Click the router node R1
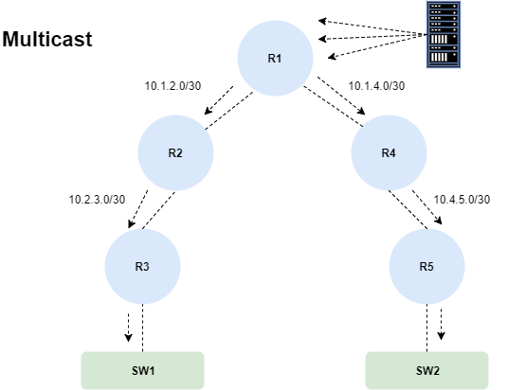click(x=275, y=59)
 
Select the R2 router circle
click(x=175, y=152)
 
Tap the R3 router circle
click(x=142, y=267)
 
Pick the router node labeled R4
click(x=389, y=152)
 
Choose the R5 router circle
click(x=426, y=267)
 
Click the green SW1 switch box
click(x=142, y=370)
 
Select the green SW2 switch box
click(x=427, y=370)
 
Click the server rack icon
click(x=444, y=35)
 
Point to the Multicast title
click(x=47, y=39)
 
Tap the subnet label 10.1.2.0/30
click(x=172, y=86)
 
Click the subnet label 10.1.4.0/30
click(x=376, y=86)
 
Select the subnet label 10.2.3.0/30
click(x=97, y=200)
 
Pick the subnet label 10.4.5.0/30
click(x=462, y=200)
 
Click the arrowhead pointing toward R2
click(x=209, y=111)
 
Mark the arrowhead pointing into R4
click(x=361, y=111)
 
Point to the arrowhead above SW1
click(x=128, y=338)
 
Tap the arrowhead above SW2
click(x=441, y=336)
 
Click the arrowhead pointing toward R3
click(x=131, y=223)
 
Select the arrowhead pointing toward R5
click(x=438, y=220)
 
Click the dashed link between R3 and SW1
click(x=142, y=328)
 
